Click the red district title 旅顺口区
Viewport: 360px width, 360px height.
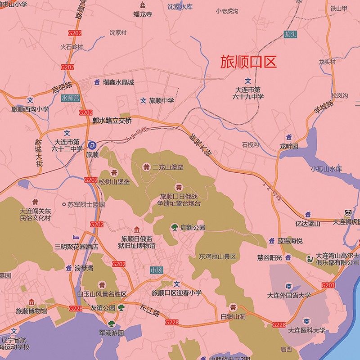(x=248, y=62)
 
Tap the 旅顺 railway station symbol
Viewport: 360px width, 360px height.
(x=92, y=144)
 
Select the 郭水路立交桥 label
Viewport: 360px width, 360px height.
(x=112, y=121)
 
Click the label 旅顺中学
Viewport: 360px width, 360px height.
(x=162, y=100)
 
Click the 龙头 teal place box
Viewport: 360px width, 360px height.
(x=290, y=34)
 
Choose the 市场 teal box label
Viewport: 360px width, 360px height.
(x=156, y=270)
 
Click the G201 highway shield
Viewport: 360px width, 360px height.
(x=328, y=285)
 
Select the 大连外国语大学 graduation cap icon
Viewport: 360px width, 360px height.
(x=289, y=286)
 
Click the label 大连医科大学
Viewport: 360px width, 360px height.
(x=306, y=330)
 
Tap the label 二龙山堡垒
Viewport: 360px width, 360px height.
(x=168, y=167)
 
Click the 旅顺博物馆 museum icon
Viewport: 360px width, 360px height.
(x=31, y=302)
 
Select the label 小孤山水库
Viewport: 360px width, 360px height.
(x=326, y=169)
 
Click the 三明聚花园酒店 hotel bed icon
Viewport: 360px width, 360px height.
(x=76, y=237)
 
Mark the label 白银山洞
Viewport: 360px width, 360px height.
(x=233, y=317)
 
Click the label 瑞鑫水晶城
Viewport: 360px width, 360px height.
(x=118, y=82)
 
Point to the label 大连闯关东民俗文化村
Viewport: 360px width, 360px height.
(x=36, y=214)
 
